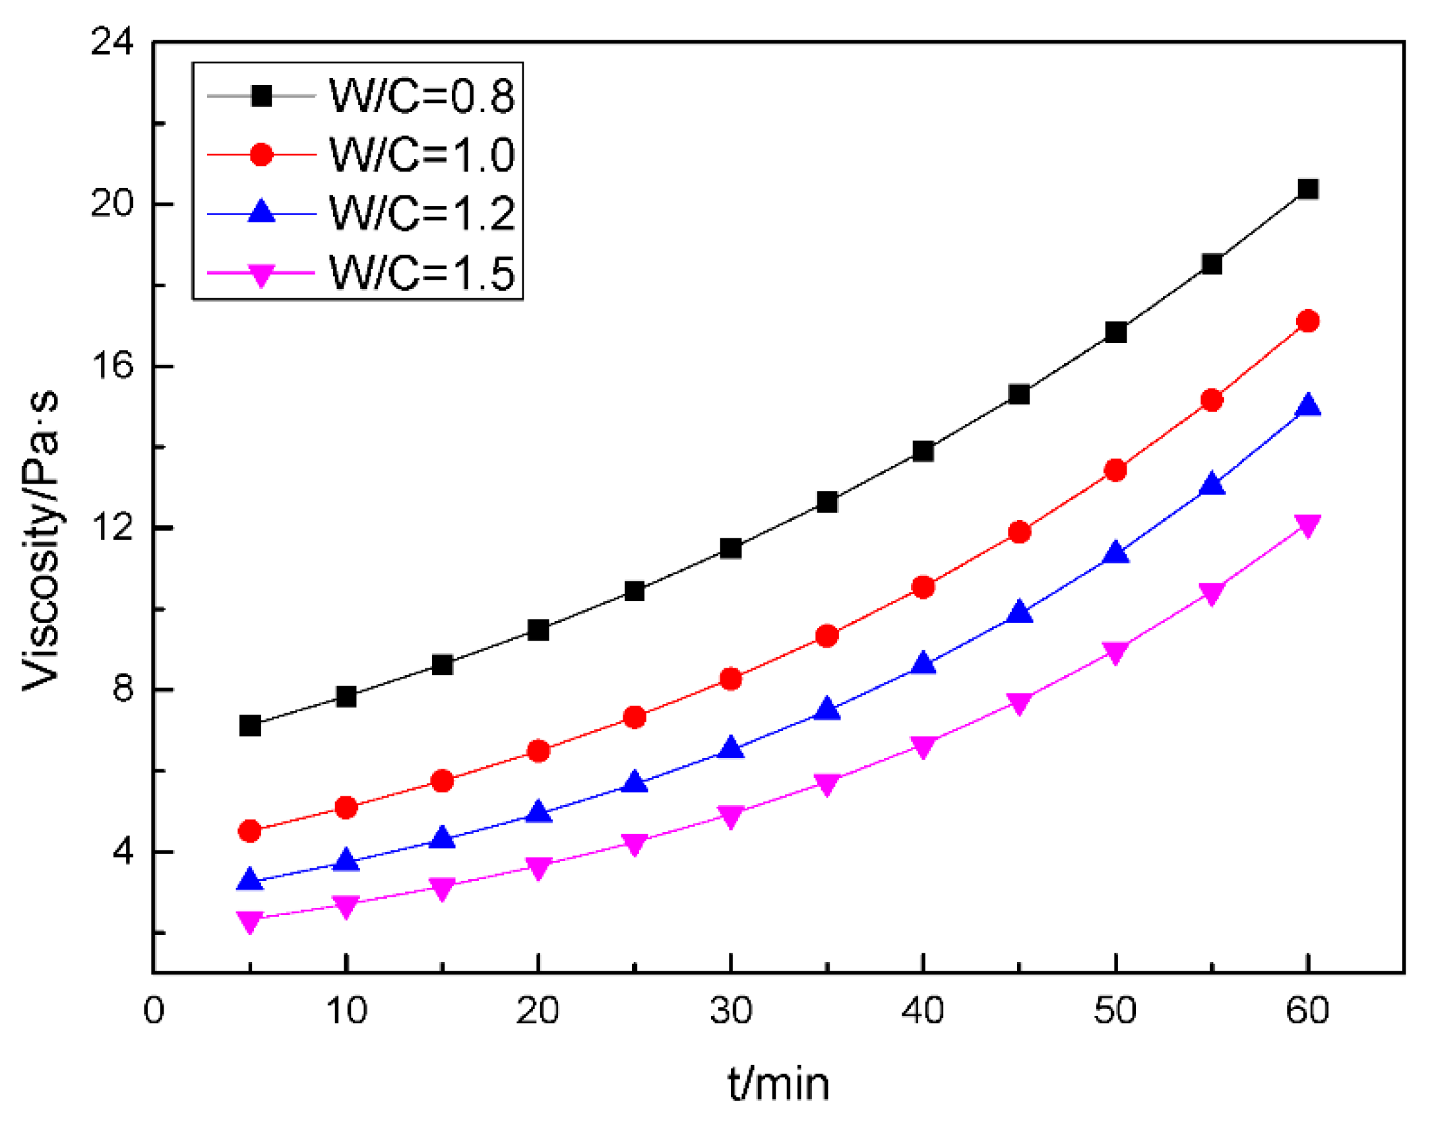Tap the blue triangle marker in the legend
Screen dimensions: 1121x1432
click(261, 212)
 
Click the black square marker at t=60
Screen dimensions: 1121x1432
click(1307, 189)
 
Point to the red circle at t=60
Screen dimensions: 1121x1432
click(1307, 321)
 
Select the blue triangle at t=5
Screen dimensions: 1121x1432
click(250, 880)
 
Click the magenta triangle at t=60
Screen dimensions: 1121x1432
click(1307, 525)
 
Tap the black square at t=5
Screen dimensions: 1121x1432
click(250, 726)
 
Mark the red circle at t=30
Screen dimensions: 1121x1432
click(730, 679)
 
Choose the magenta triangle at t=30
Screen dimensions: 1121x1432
click(730, 816)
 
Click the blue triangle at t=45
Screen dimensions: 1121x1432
click(1019, 612)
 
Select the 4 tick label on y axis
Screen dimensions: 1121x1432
click(123, 851)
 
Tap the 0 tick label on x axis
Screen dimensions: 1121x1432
click(154, 1010)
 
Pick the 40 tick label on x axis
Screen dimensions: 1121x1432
click(922, 1010)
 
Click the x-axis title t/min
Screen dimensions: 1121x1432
click(778, 1083)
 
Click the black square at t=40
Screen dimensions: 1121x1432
click(923, 451)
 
